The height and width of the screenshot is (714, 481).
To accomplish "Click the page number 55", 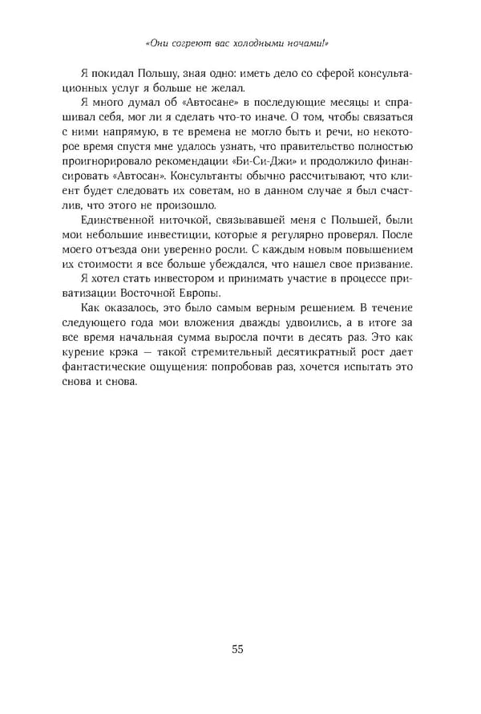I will click(x=237, y=649).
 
